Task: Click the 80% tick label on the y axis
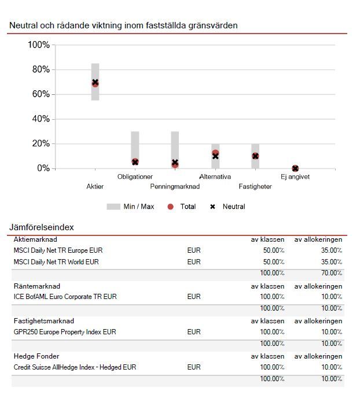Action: click(x=39, y=70)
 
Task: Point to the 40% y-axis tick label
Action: click(x=39, y=119)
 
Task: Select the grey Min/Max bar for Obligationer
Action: click(x=135, y=145)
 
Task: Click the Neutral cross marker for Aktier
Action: click(x=95, y=82)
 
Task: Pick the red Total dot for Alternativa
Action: click(x=215, y=153)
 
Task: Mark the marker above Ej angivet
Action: click(x=295, y=168)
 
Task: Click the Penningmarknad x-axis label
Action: click(x=175, y=187)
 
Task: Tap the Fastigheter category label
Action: click(x=255, y=187)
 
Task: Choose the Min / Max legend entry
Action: click(x=131, y=206)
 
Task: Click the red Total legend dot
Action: click(x=170, y=206)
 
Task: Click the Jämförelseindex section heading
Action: click(x=42, y=227)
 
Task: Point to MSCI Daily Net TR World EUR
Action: click(x=56, y=262)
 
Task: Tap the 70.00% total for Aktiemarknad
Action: click(x=332, y=273)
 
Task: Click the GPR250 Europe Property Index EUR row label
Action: click(x=65, y=333)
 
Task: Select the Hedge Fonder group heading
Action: click(x=36, y=356)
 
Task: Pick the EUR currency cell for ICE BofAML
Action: click(x=194, y=297)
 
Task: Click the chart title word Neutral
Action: click(x=24, y=25)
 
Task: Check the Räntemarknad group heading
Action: click(x=37, y=286)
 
